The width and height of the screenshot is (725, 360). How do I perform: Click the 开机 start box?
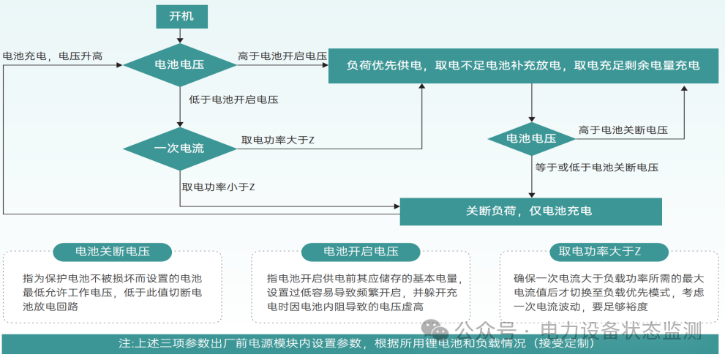click(x=181, y=16)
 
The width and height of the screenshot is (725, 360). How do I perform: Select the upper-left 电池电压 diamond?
click(x=179, y=65)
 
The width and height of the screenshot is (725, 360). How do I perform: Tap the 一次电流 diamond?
click(x=179, y=149)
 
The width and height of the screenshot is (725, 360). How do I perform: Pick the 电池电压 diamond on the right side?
click(x=531, y=138)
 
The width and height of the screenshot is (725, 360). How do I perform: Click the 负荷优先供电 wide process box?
click(x=524, y=66)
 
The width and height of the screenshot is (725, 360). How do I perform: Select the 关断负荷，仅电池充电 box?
click(x=530, y=211)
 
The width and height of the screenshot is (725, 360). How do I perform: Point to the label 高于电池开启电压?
click(x=282, y=56)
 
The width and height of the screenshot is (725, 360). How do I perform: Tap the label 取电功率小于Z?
click(x=218, y=187)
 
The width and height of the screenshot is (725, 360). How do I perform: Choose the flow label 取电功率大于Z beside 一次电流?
click(x=278, y=139)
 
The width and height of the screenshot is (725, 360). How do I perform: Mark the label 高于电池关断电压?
click(x=623, y=130)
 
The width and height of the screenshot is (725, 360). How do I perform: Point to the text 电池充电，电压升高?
click(x=53, y=56)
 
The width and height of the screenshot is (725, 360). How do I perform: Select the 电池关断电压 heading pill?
click(x=113, y=252)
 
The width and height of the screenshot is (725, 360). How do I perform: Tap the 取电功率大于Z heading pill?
click(x=599, y=252)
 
